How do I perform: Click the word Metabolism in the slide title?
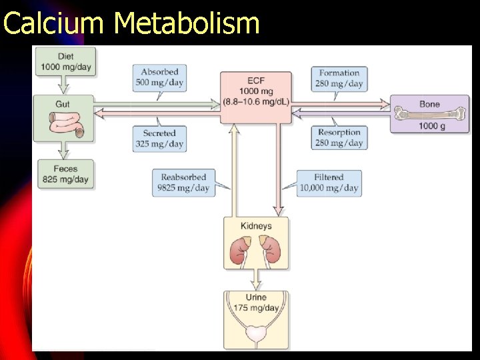(x=186, y=23)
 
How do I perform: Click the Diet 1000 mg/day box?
(x=66, y=61)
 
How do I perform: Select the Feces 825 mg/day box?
(x=66, y=175)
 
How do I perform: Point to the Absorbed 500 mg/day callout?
(x=159, y=77)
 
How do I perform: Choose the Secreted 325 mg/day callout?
(x=159, y=138)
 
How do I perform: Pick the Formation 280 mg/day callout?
(x=339, y=78)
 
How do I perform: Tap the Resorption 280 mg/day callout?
(x=339, y=137)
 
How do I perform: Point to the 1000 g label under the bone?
(x=431, y=127)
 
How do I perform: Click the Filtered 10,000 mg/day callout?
(x=329, y=183)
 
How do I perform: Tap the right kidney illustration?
(x=270, y=252)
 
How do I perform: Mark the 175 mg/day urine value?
(x=256, y=308)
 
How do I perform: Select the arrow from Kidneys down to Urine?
(x=256, y=278)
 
